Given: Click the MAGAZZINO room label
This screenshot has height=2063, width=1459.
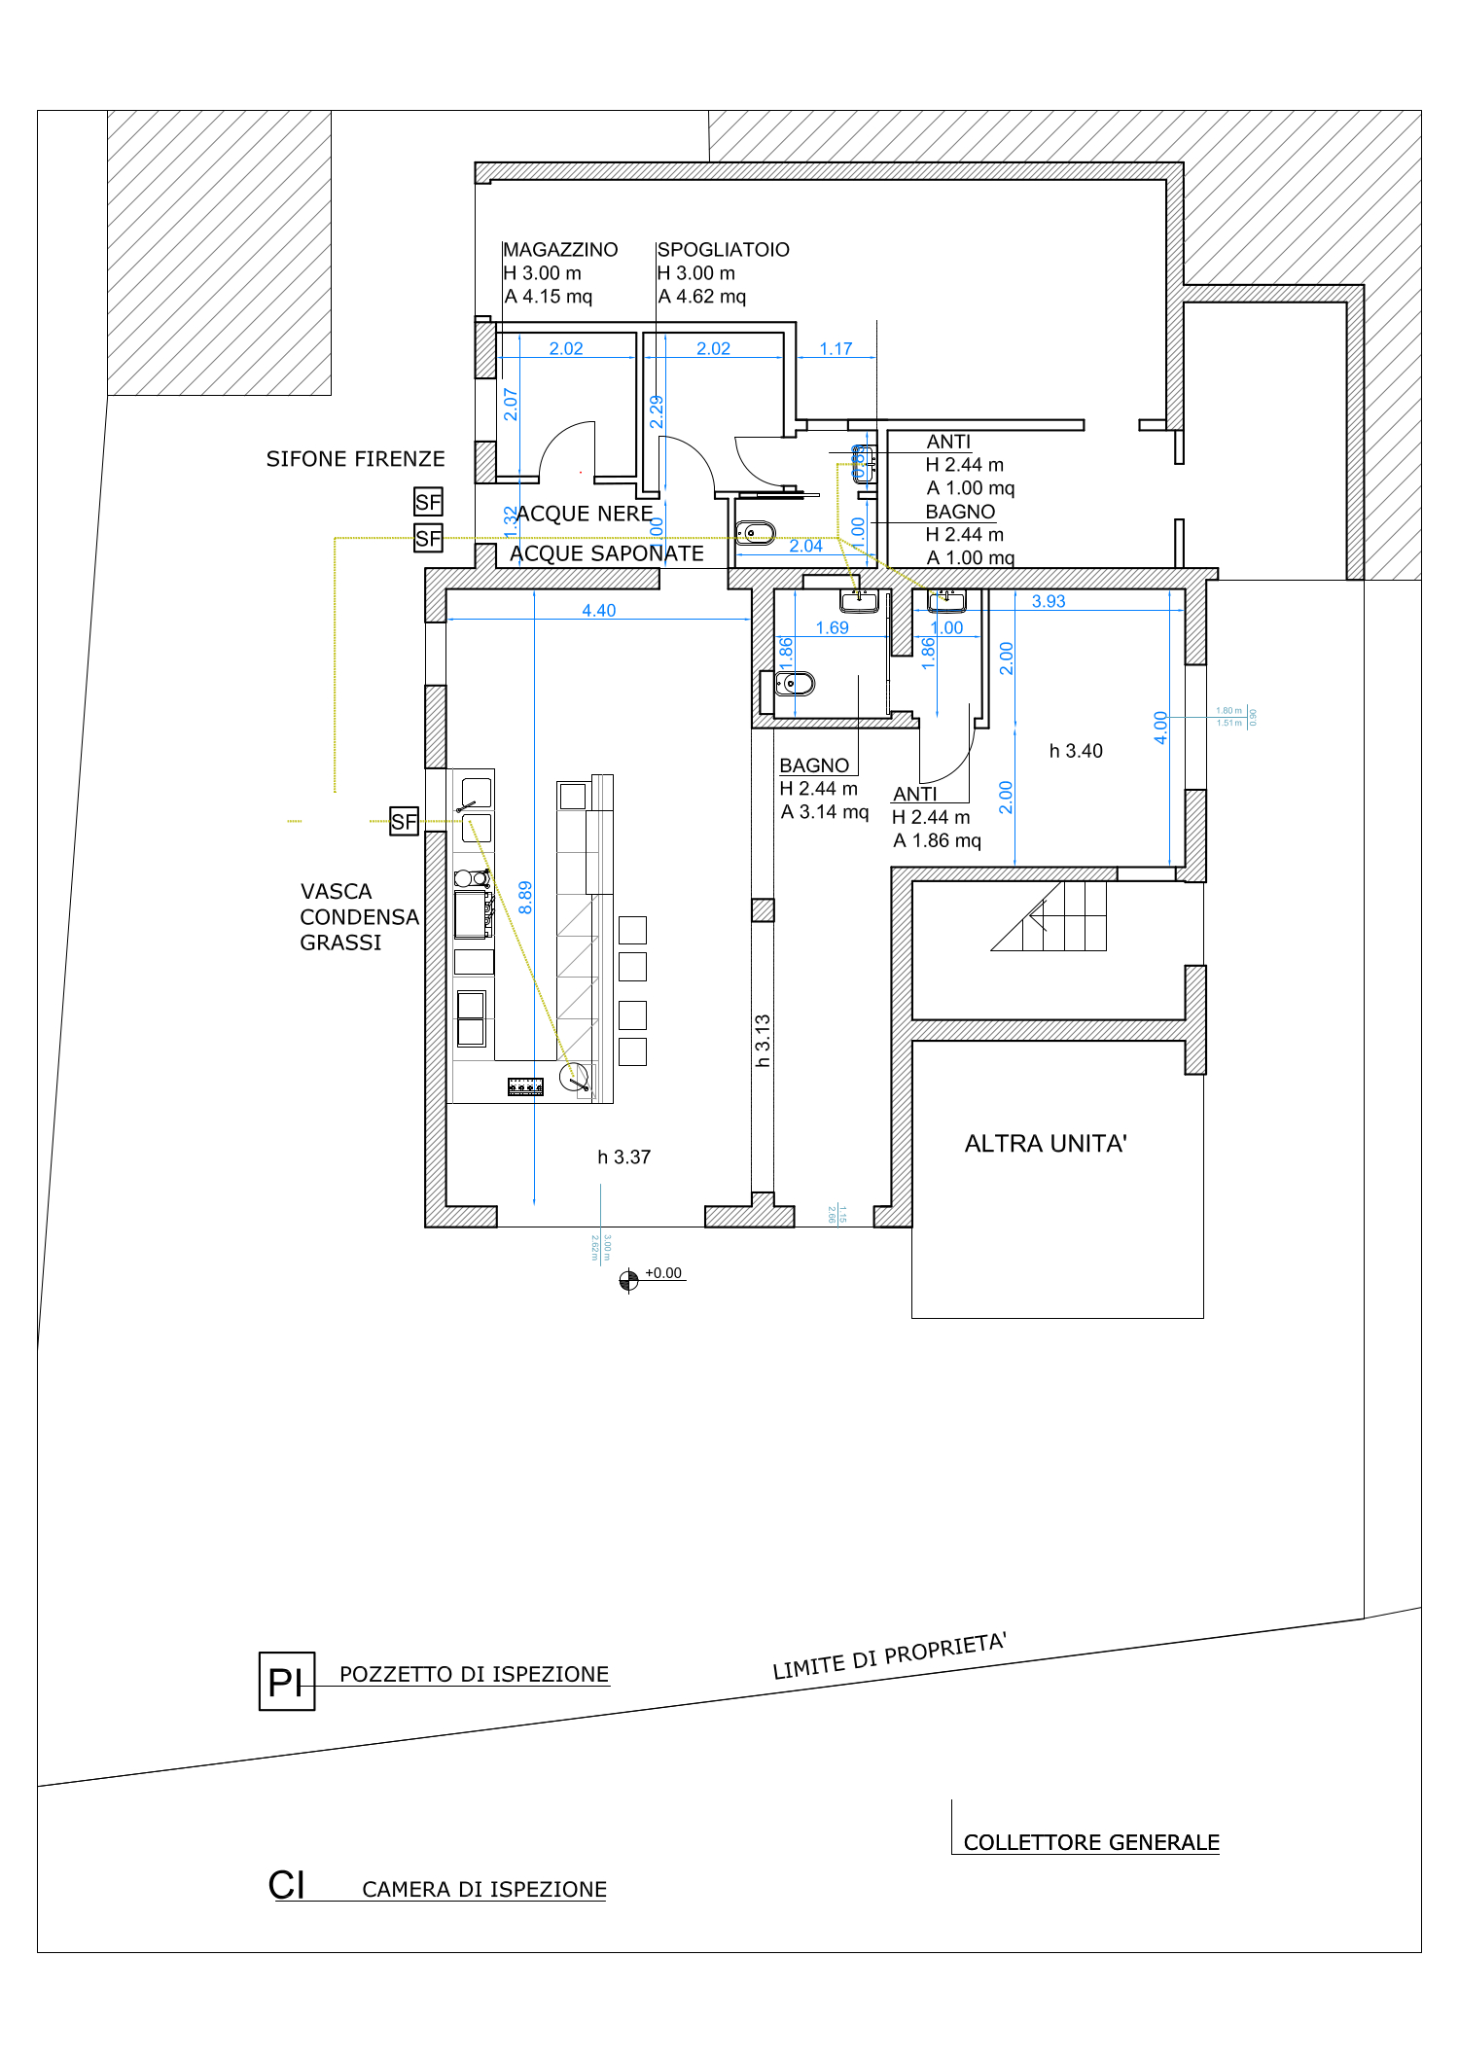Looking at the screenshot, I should [x=560, y=250].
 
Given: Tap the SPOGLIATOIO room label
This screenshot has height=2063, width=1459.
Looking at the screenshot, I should [x=723, y=250].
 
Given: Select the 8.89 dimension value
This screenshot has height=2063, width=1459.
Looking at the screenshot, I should [x=525, y=897].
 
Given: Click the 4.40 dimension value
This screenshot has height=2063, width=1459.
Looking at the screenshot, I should [x=598, y=611].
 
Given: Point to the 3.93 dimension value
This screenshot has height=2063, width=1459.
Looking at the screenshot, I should [x=1048, y=601].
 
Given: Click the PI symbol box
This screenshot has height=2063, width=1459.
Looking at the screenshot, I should [x=286, y=1681].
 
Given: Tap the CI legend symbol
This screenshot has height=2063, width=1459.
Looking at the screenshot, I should [x=286, y=1885].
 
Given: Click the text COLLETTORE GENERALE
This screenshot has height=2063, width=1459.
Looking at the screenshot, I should [x=1090, y=1842].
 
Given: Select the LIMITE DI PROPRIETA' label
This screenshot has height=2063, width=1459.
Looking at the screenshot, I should [x=889, y=1656].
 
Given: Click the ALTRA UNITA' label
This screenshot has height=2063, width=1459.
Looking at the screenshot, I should [x=1046, y=1144].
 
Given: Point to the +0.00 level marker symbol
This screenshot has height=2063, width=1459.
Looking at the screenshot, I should [x=629, y=1280].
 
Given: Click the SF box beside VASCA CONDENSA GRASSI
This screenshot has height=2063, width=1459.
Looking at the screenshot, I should [x=404, y=822].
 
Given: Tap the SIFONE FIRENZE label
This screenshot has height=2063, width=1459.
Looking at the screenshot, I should [x=355, y=459].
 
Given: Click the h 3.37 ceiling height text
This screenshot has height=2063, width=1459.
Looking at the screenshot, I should [x=623, y=1157].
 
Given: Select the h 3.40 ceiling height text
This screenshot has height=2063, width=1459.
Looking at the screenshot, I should [x=1075, y=751].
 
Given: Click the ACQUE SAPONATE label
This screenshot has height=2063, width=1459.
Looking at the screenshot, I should [x=606, y=553].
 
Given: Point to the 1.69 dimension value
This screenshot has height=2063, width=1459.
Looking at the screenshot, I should [x=832, y=628].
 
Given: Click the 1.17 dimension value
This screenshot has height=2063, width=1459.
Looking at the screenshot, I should [x=836, y=349].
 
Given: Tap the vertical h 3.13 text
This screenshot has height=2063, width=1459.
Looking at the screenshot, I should [x=763, y=1041].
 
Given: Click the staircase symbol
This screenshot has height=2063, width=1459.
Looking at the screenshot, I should [x=1051, y=916].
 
